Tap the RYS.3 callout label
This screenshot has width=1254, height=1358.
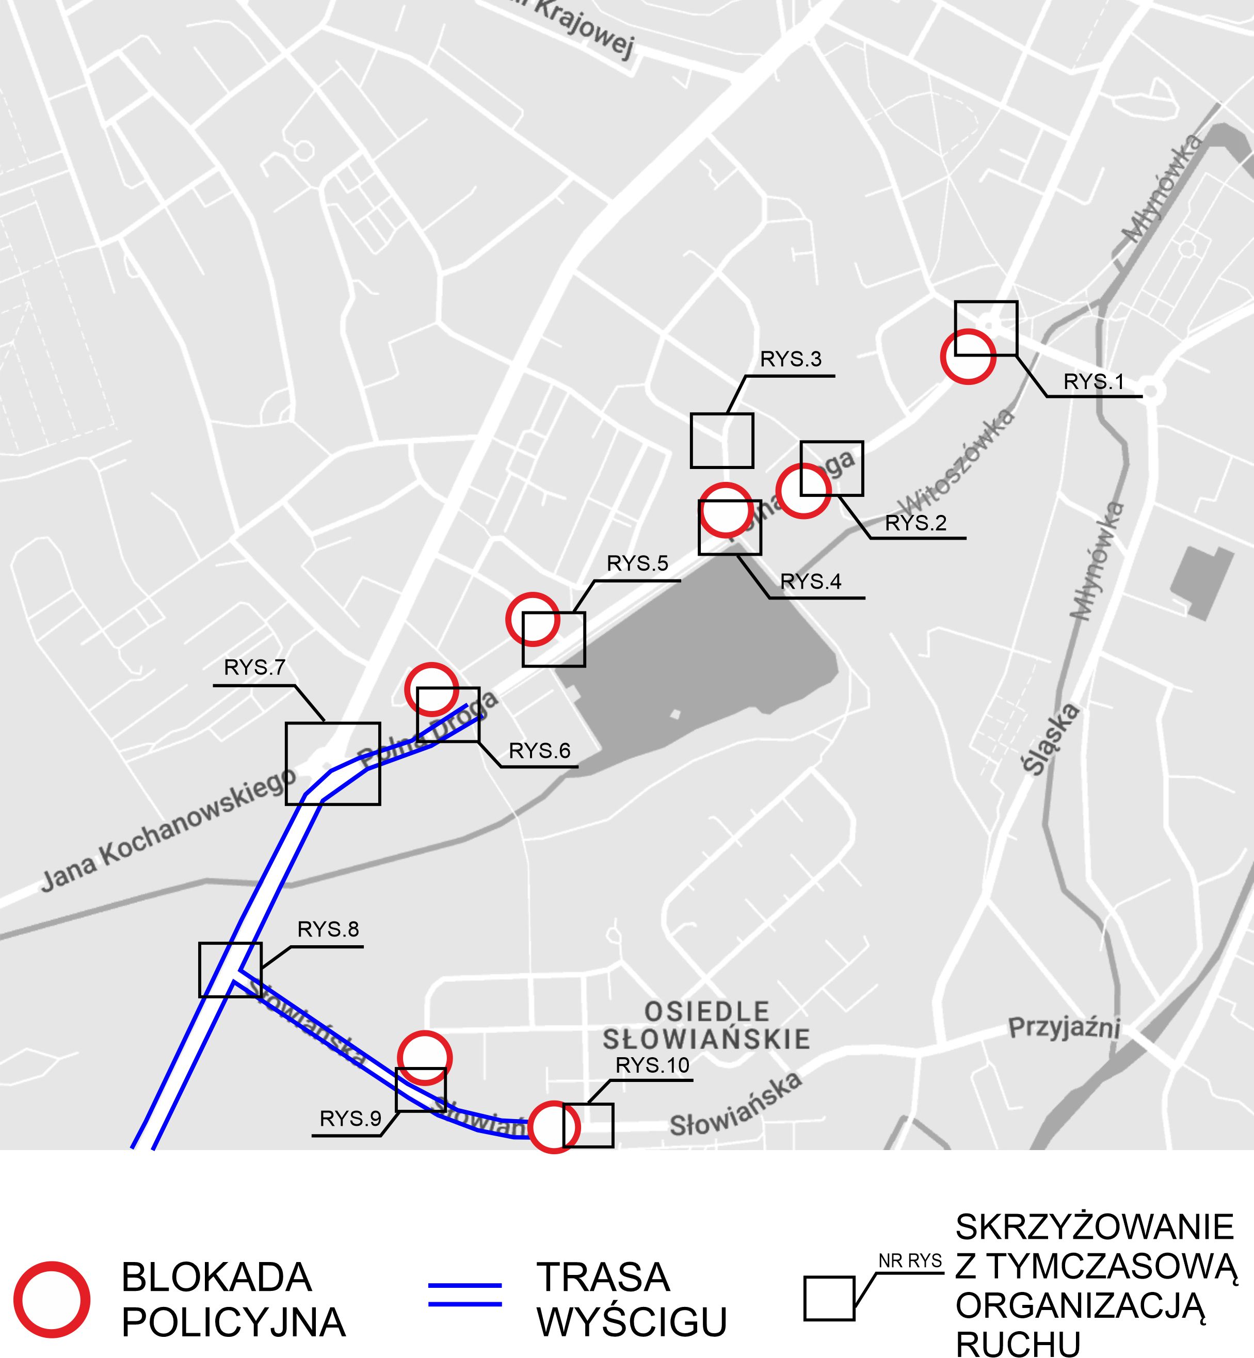(x=791, y=360)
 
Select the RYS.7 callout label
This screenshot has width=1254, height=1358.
(x=254, y=668)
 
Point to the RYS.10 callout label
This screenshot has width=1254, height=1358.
(x=652, y=1065)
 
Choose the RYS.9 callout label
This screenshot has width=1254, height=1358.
(x=350, y=1119)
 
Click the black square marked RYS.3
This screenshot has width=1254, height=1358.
(x=722, y=440)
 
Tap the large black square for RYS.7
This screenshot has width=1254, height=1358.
(x=332, y=763)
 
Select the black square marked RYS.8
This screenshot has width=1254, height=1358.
(x=230, y=970)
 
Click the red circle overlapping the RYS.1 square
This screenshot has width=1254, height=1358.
(x=968, y=356)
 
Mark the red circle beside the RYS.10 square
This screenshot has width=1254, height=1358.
(x=554, y=1127)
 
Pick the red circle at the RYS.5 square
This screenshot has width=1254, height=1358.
(x=533, y=619)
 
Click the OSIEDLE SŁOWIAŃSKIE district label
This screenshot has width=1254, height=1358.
(x=706, y=1026)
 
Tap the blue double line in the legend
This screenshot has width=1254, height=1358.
(x=465, y=1294)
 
